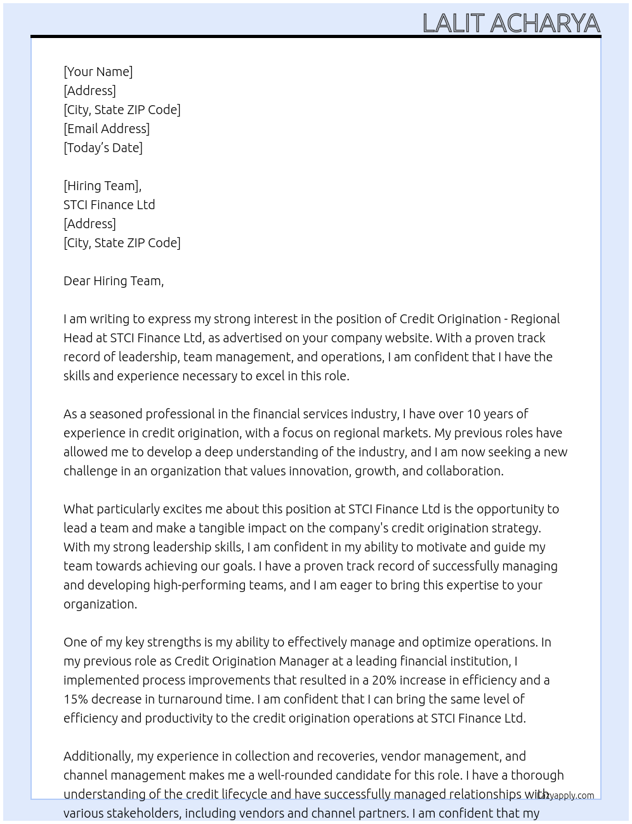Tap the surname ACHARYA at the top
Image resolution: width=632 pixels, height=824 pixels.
click(544, 23)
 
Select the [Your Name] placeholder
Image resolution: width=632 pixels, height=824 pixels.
click(98, 72)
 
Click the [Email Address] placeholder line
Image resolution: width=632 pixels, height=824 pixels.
click(107, 129)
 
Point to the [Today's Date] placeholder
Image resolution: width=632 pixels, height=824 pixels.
click(103, 148)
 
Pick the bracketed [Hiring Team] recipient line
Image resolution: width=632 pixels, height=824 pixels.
click(102, 186)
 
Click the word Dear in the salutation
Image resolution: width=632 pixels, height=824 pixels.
click(77, 281)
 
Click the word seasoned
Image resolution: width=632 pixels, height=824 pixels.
click(116, 414)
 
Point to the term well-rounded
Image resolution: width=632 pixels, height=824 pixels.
click(302, 775)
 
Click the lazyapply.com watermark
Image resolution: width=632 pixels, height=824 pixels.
click(565, 795)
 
